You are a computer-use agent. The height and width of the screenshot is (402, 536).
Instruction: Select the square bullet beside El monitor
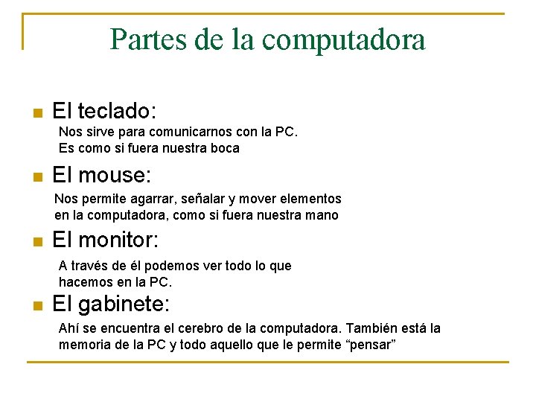[x=36, y=242]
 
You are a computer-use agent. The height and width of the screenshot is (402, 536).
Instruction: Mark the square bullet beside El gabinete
[x=36, y=306]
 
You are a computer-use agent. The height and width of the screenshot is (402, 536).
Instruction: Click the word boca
[x=224, y=148]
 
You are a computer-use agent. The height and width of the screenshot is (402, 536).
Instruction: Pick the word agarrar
[x=151, y=199]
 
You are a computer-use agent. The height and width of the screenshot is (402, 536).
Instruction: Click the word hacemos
[x=85, y=282]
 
